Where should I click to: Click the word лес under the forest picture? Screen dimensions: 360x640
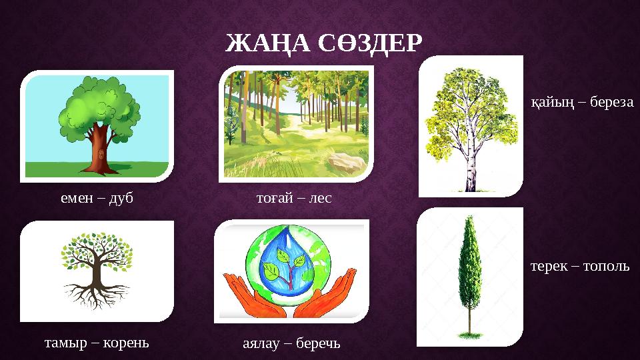coord(319,198)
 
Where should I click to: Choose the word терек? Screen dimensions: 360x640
coord(549,266)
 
